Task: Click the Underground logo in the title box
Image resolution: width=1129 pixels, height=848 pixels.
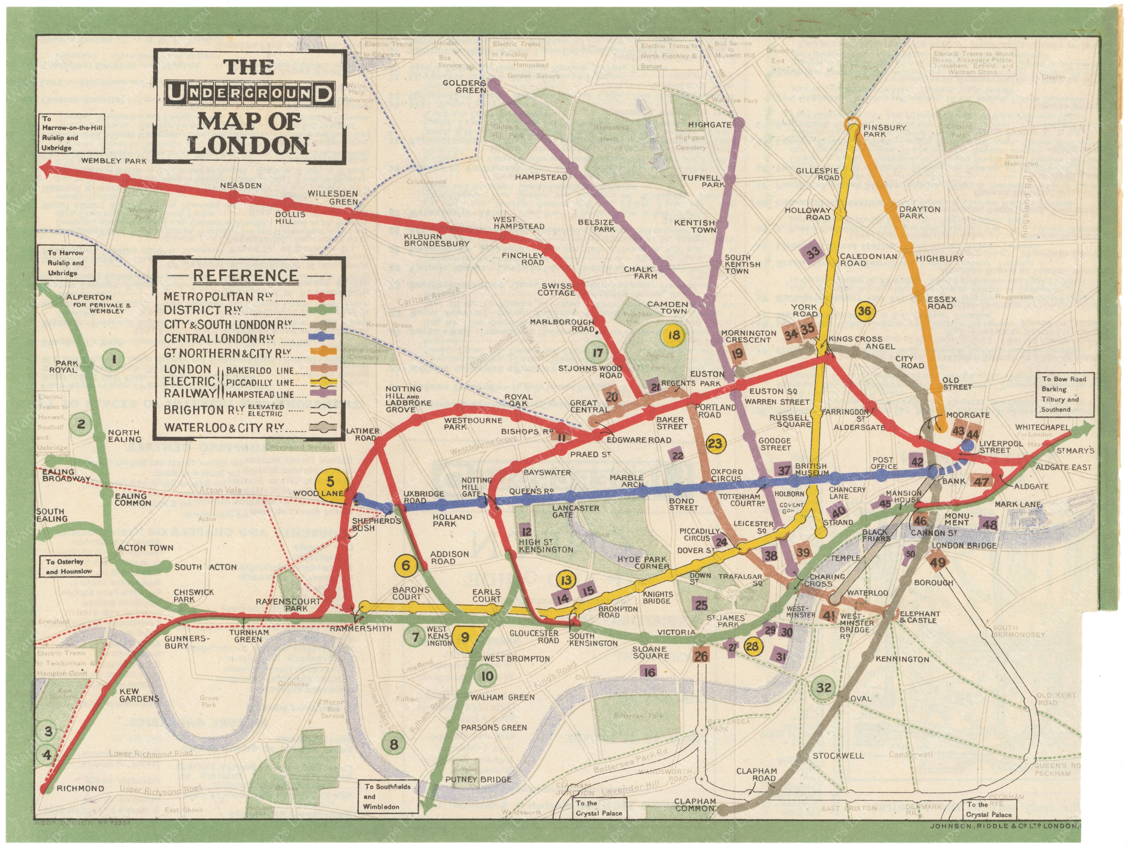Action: coord(250,94)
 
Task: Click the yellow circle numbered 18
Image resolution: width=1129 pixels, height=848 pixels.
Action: coord(674,335)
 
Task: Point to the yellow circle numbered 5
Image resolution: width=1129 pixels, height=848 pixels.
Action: coord(331,481)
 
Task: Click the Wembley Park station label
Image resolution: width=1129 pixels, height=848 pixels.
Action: coord(120,161)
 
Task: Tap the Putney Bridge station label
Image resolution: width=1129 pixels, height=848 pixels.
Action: coord(478,779)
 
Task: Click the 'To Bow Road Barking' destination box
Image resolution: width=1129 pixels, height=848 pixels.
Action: coord(1064,394)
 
